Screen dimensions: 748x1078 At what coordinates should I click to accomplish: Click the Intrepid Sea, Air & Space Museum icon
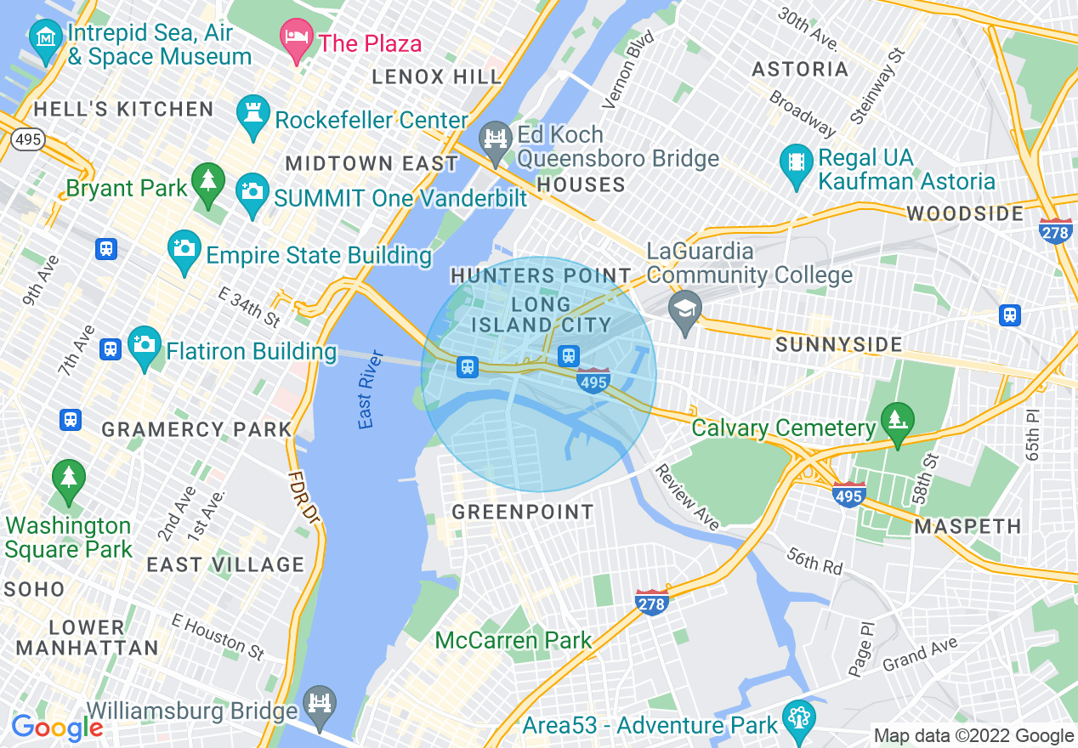43,37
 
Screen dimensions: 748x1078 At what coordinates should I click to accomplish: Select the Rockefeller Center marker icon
253,116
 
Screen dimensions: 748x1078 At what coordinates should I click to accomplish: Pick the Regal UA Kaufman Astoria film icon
796,164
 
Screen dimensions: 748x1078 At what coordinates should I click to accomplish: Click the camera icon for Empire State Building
184,250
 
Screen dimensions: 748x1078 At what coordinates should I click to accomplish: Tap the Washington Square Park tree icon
68,479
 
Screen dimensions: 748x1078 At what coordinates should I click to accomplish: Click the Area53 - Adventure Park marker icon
797,720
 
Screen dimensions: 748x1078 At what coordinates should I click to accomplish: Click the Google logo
56,728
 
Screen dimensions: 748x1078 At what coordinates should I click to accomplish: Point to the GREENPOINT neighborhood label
522,512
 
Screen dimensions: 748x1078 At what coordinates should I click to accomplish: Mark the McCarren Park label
513,640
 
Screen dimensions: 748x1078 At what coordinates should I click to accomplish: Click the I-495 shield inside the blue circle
593,381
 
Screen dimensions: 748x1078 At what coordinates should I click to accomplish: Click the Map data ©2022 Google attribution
973,736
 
